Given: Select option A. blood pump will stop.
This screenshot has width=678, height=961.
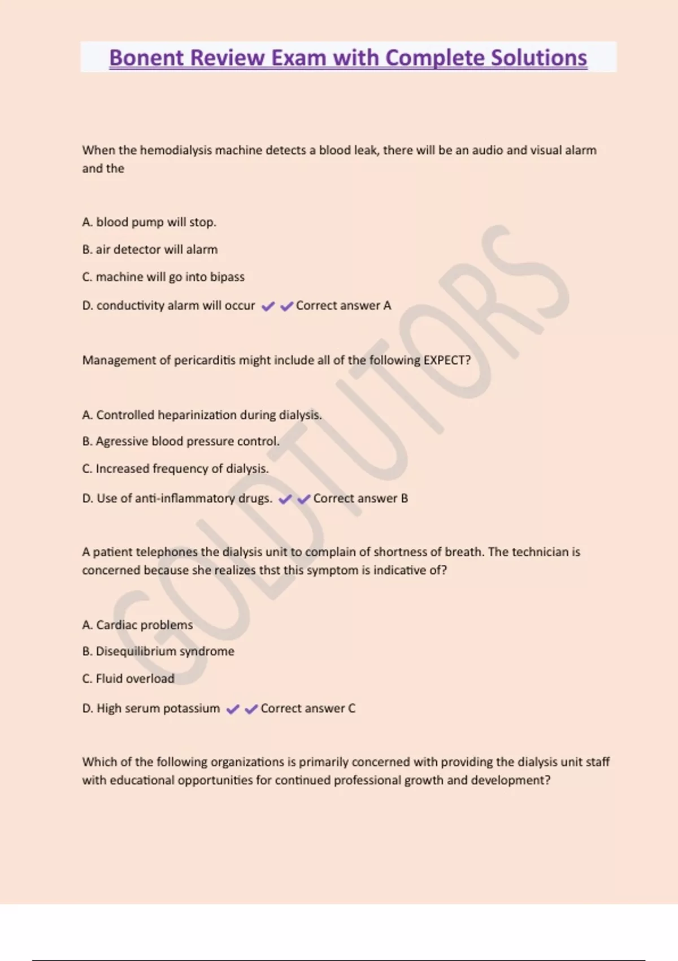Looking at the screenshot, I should click(149, 222).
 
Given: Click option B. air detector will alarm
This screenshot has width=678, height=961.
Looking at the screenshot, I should click(150, 249).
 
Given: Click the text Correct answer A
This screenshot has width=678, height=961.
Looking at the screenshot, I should click(344, 305).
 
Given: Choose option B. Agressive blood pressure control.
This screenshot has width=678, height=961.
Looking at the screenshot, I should click(181, 441).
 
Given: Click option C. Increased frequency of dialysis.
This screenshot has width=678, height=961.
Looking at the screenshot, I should click(175, 469).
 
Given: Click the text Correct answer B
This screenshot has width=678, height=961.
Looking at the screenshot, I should click(360, 498).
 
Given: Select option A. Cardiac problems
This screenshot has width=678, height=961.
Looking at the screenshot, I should click(137, 625).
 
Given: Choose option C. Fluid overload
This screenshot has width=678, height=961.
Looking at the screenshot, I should click(128, 678).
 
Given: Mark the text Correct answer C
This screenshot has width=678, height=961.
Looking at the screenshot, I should click(308, 708).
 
